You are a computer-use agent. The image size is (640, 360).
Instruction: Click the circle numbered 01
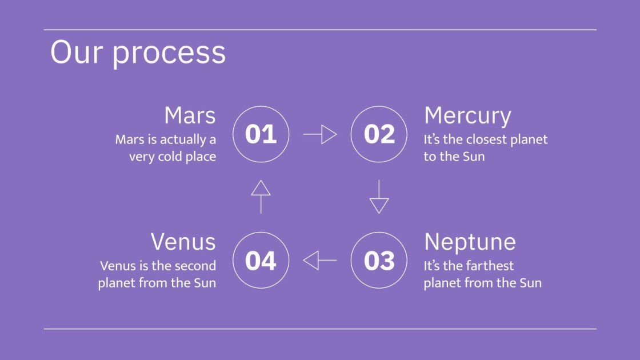(x=261, y=134)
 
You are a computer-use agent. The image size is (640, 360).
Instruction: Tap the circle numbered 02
(x=379, y=134)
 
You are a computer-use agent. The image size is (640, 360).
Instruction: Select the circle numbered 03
(x=379, y=261)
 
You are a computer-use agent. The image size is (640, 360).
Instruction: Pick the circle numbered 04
(x=261, y=261)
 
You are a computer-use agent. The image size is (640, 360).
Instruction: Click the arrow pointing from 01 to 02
(x=320, y=134)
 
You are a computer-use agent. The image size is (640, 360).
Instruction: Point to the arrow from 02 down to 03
(x=379, y=197)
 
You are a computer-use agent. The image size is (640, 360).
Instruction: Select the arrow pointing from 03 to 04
(x=320, y=261)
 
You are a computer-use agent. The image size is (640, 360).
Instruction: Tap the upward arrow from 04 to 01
(x=261, y=197)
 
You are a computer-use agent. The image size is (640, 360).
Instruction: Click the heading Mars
(x=190, y=115)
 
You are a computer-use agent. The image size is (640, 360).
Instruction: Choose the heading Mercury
(x=467, y=116)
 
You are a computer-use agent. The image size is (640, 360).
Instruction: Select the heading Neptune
(x=470, y=242)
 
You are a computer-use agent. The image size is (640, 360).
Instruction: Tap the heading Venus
(x=183, y=242)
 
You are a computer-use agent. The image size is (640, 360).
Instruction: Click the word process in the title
(x=169, y=53)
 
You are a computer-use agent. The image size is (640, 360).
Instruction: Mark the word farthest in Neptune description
(x=485, y=266)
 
